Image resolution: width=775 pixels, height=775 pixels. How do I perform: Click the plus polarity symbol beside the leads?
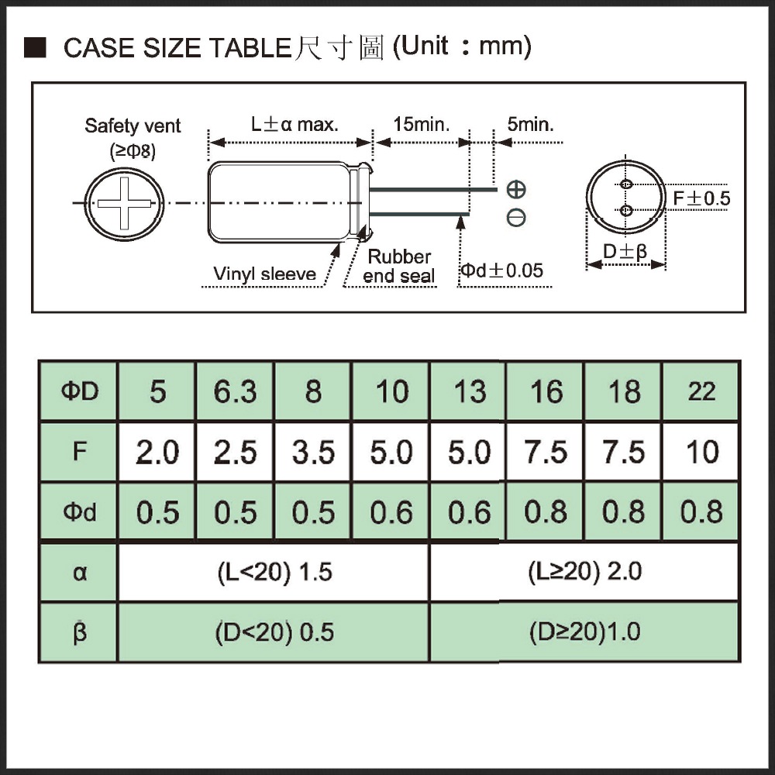click(516, 189)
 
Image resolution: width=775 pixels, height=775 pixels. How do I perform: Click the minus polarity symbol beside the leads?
click(516, 218)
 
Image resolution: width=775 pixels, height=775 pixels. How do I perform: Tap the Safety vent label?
click(133, 126)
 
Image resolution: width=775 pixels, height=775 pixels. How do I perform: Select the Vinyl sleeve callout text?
click(264, 274)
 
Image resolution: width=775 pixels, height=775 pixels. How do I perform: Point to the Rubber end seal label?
click(399, 267)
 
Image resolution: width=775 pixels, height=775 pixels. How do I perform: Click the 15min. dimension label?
click(421, 125)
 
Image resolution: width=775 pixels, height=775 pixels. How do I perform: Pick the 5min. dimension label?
click(530, 125)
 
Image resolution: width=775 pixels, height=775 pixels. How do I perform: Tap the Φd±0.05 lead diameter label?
click(501, 270)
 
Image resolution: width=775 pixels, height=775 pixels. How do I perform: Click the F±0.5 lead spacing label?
click(701, 198)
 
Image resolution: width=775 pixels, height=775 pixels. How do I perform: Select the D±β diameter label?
click(625, 252)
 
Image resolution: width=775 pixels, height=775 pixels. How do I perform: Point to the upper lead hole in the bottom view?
click(626, 184)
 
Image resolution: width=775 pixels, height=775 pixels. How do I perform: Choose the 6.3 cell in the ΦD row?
click(236, 391)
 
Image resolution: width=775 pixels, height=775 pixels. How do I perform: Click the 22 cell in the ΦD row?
click(701, 391)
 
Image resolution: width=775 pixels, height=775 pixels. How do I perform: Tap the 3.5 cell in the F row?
click(313, 452)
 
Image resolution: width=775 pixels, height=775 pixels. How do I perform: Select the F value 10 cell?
click(701, 452)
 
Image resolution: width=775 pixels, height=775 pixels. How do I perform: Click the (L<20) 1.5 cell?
click(274, 573)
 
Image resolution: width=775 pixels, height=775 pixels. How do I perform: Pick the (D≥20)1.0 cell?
click(584, 632)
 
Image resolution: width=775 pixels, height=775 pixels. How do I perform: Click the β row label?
click(79, 632)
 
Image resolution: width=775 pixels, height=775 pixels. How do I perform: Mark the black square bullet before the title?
click(35, 47)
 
